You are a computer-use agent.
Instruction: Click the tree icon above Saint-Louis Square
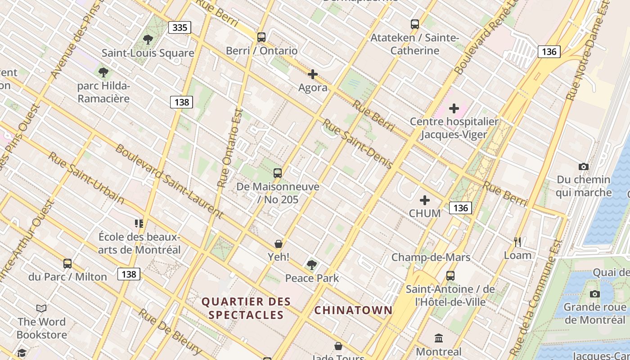148,40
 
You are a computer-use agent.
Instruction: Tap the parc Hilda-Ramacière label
103,92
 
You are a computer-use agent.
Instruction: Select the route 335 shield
180,27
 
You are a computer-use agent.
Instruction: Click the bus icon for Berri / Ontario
261,37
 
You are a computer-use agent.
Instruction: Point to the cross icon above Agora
313,74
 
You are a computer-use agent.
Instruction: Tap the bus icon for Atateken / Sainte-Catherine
415,24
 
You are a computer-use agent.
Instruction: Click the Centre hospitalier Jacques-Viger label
454,128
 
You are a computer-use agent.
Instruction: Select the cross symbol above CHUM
424,200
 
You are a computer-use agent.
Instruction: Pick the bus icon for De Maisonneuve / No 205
278,173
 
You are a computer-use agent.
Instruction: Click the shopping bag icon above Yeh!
279,244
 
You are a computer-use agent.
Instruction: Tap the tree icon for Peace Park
311,265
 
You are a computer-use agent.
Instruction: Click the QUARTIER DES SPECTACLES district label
246,308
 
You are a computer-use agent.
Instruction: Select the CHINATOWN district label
353,310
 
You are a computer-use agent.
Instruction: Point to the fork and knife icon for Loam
517,242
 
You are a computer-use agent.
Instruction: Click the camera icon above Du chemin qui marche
583,166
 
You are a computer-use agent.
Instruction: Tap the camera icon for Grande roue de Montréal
594,294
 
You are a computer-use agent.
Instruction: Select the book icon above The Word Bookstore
41,308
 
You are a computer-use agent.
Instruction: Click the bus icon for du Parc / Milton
67,264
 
